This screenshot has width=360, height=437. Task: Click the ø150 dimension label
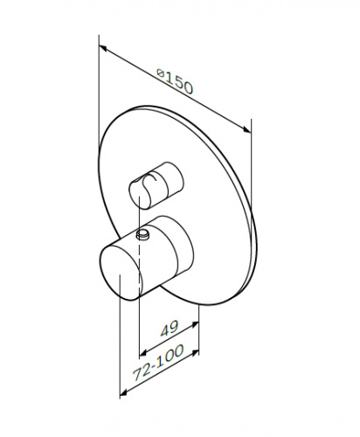(x=175, y=81)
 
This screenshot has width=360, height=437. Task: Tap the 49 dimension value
(x=170, y=328)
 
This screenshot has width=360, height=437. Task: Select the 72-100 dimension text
(x=159, y=363)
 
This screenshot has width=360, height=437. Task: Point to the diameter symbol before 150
(x=160, y=73)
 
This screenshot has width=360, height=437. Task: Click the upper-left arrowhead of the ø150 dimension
(x=103, y=47)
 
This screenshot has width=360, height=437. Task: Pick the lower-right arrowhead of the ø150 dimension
(x=247, y=130)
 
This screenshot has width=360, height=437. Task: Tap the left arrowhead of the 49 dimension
(x=143, y=354)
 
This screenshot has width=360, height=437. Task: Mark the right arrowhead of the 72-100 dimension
(x=195, y=353)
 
